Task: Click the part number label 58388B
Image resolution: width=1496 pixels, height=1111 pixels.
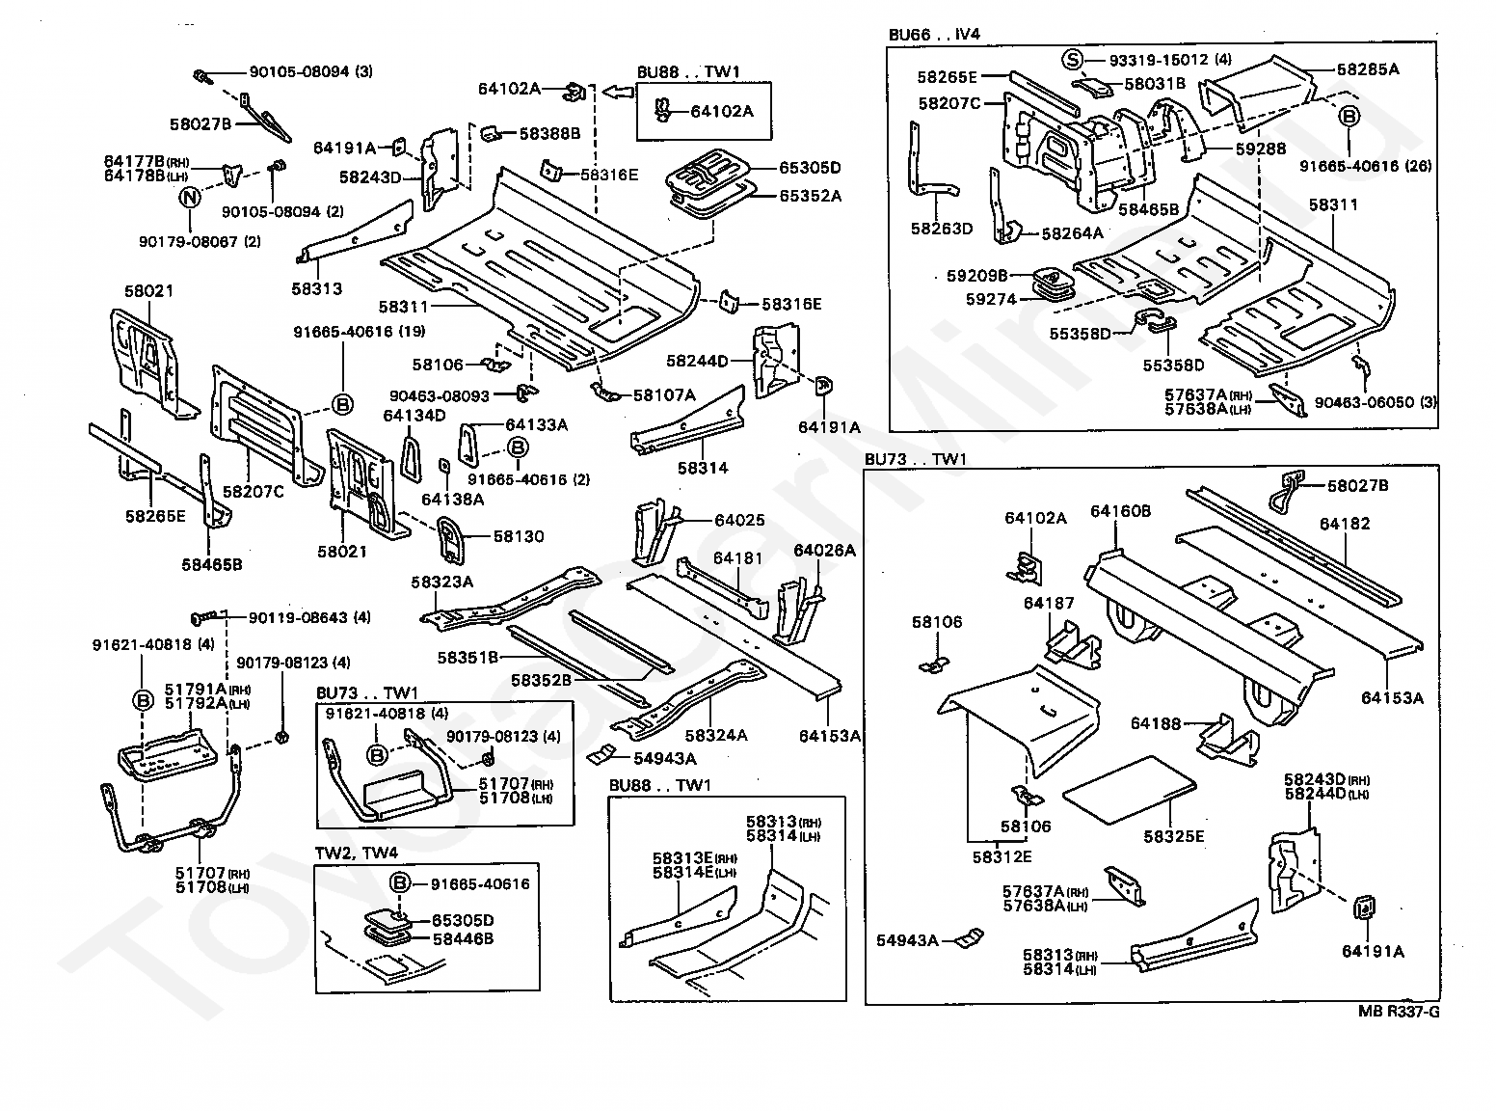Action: [549, 134]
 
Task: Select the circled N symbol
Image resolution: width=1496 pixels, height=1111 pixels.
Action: [191, 197]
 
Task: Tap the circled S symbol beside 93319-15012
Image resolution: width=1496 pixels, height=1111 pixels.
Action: [1072, 60]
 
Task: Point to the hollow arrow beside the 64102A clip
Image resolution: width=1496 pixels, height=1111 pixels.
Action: [617, 91]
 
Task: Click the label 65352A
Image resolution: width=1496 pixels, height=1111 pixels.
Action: [810, 196]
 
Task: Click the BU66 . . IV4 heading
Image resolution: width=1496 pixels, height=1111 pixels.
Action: [934, 35]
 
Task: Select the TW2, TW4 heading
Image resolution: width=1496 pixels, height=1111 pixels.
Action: [356, 853]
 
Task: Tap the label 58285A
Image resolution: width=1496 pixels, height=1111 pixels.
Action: [1368, 68]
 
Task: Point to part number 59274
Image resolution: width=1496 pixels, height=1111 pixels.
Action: [991, 299]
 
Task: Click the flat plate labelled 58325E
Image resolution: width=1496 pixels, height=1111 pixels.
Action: [1129, 791]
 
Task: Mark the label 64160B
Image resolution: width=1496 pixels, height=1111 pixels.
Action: [1120, 512]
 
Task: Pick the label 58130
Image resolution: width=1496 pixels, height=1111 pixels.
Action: [518, 536]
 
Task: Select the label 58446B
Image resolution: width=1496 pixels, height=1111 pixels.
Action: [463, 938]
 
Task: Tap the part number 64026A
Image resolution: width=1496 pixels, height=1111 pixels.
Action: [824, 550]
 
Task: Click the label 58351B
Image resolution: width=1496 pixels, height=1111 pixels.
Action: [467, 657]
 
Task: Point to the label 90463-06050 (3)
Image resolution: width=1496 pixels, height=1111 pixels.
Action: [1376, 402]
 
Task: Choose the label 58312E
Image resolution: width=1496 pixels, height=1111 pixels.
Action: [1002, 856]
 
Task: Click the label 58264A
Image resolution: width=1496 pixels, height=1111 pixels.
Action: [1073, 233]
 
